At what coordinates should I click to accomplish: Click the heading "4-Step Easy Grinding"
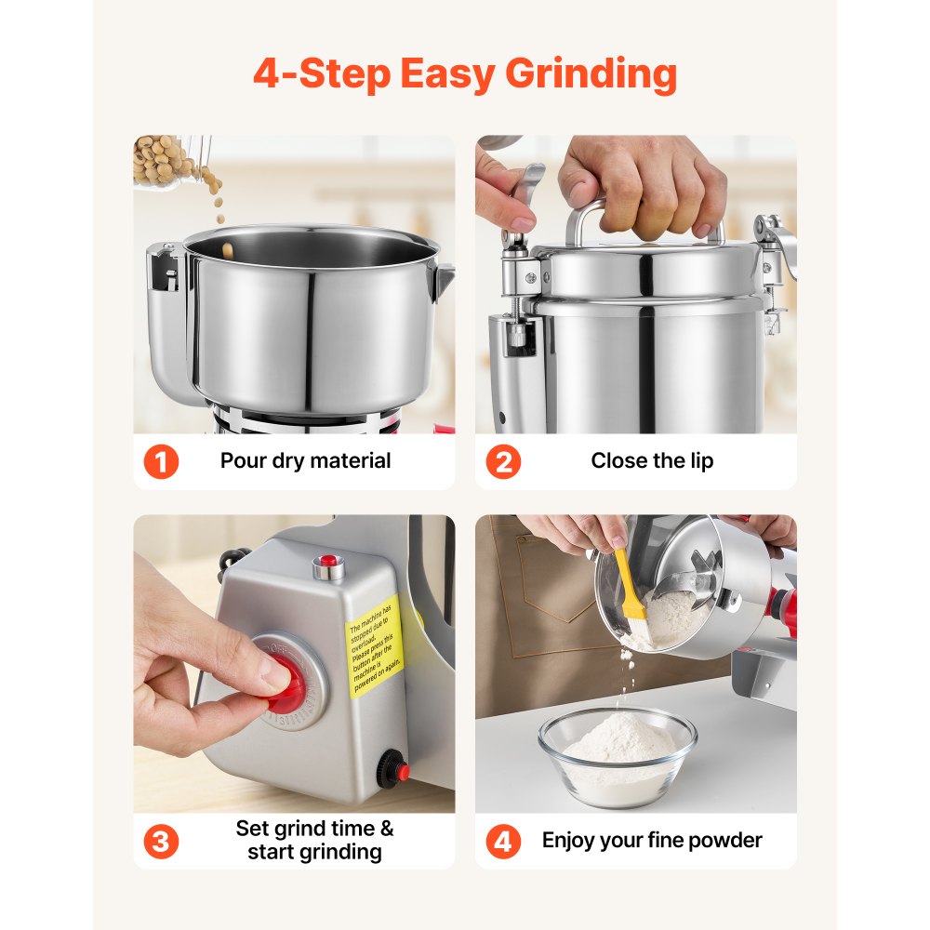pos(465,74)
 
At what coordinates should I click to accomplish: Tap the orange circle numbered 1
pos(161,461)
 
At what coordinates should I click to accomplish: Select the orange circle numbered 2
pos(503,461)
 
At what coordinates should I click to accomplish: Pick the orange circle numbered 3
pos(161,842)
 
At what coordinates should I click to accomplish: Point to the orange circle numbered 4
pos(503,842)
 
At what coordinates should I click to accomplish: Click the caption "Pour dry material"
pos(305,460)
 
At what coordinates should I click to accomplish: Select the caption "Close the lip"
pos(652,460)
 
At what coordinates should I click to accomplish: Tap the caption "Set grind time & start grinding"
pos(314,840)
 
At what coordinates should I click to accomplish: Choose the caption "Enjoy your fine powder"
pos(652,841)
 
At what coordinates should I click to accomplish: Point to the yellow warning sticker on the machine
pos(375,646)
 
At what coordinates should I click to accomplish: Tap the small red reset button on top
pos(326,563)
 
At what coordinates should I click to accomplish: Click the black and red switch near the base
pos(394,769)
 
